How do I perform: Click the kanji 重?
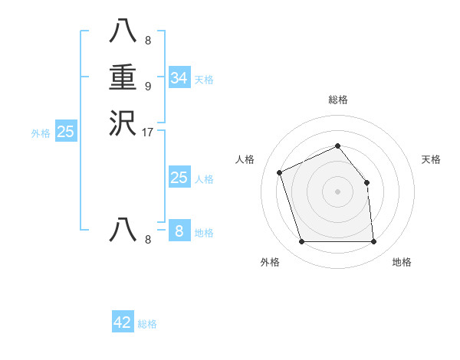point(123,78)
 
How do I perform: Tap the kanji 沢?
point(123,124)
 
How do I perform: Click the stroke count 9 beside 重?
point(148,86)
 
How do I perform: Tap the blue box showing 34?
point(179,78)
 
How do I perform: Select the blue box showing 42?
point(123,322)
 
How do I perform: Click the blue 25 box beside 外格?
point(66,132)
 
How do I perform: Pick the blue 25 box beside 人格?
point(179,178)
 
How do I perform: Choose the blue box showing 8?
point(179,231)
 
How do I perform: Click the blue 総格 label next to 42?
point(147,324)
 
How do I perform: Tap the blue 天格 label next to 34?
point(204,80)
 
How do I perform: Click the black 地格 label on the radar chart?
point(402,262)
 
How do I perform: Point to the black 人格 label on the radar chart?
point(245,159)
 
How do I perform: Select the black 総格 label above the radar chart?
point(338,100)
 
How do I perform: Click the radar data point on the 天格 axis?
point(366,182)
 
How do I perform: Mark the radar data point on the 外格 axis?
point(301,242)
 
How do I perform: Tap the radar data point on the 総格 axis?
point(338,146)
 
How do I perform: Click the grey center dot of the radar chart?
point(338,191)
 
